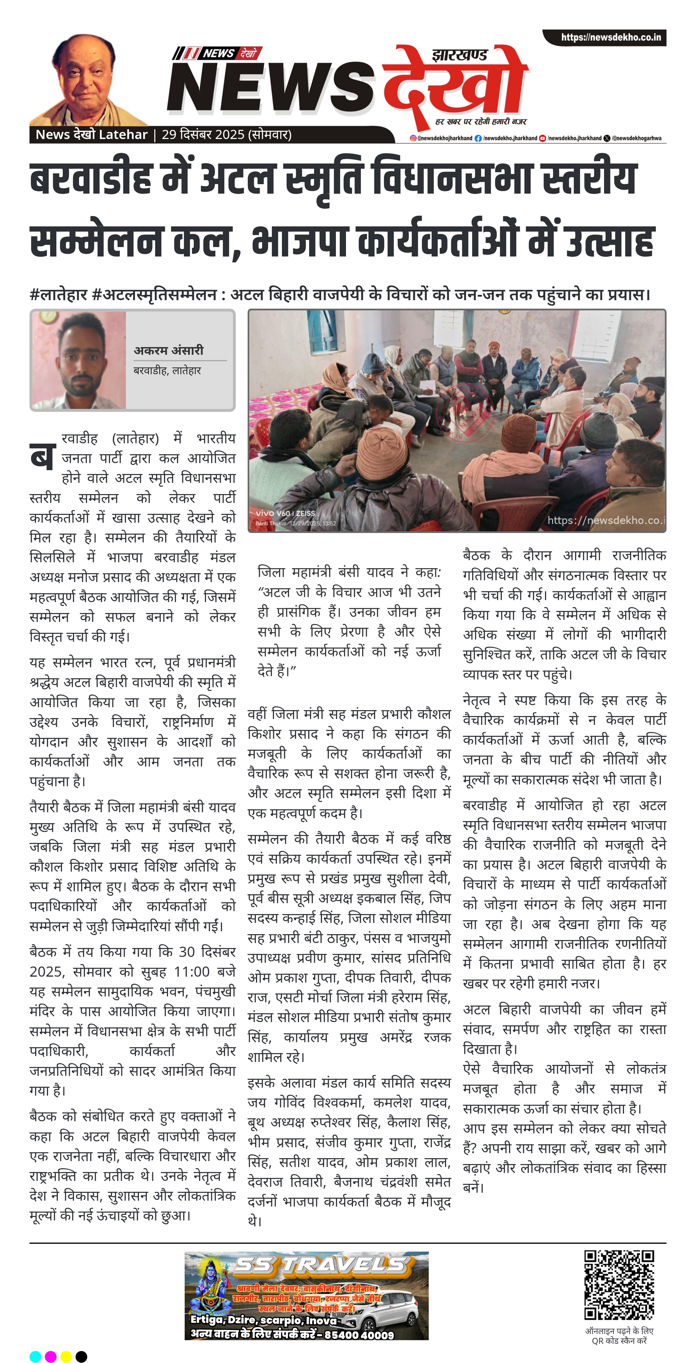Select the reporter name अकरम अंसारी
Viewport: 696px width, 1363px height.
(168, 350)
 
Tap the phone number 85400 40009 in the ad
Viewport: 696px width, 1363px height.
(359, 1335)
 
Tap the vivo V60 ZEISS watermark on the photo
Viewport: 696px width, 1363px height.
(285, 513)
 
